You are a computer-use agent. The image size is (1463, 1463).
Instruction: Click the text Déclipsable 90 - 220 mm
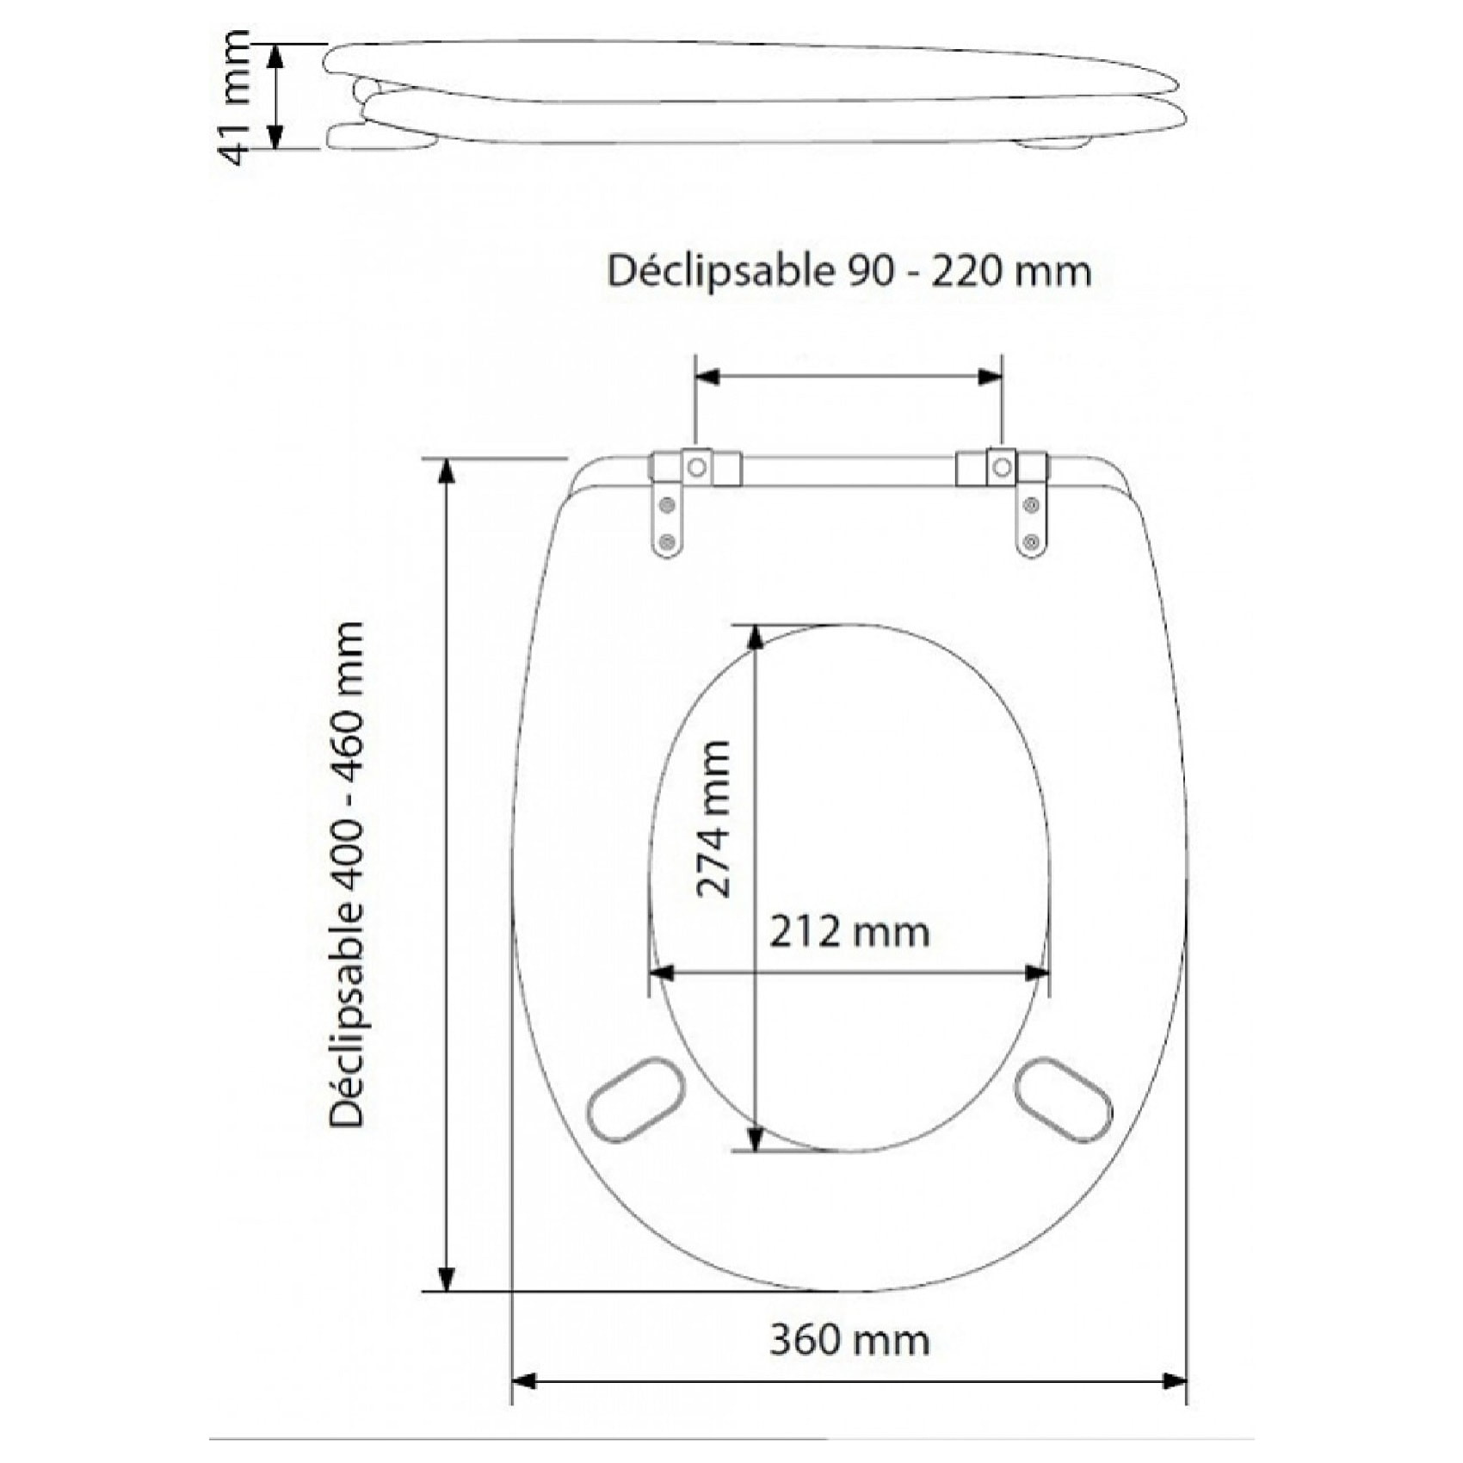point(849,272)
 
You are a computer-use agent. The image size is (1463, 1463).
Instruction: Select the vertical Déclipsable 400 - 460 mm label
point(348,873)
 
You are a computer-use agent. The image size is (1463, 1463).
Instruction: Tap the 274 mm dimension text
point(713,819)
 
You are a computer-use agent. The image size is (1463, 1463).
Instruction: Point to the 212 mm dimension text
point(849,932)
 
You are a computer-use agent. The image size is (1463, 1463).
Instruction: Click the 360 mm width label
point(849,1340)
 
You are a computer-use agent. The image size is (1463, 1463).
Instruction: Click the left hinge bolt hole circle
point(697,467)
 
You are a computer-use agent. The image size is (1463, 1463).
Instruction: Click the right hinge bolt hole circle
point(1002,467)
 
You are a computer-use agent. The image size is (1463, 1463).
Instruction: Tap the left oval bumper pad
point(636,1100)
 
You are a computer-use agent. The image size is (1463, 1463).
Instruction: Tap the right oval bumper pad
point(1063,1100)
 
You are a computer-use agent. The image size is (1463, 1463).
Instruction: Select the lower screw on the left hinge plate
point(666,542)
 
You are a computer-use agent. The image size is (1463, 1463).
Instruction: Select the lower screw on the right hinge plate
point(1032,542)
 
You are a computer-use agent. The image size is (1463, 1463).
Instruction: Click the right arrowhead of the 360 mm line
point(1175,1381)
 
